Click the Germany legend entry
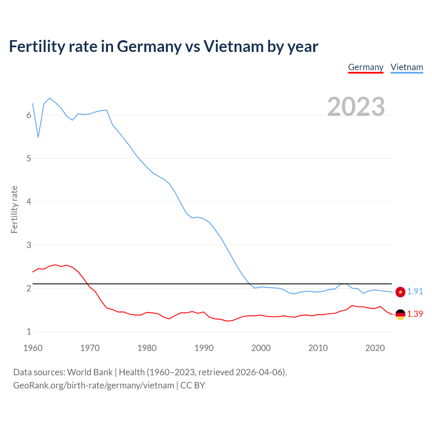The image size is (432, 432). coord(366,67)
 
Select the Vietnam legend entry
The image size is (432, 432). coord(407,67)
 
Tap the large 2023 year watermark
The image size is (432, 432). coord(356,107)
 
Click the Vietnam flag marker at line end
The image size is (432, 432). coord(400,292)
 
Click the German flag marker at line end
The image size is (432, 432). coord(400,314)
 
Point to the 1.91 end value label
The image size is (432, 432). coord(415,291)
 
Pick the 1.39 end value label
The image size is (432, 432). coord(415,314)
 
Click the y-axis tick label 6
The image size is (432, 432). coord(29,115)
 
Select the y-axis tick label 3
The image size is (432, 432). coord(29,245)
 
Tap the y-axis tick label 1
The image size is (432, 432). coord(29,331)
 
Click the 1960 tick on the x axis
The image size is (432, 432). coord(33,348)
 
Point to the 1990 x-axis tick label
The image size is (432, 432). coord(204,348)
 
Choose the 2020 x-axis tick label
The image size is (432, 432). coord(375,348)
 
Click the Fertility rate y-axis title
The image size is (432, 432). coord(14,209)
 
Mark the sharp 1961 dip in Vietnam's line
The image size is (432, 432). coord(38,137)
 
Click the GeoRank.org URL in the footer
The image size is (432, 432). coord(93,385)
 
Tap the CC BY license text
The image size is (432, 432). coord(193,385)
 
